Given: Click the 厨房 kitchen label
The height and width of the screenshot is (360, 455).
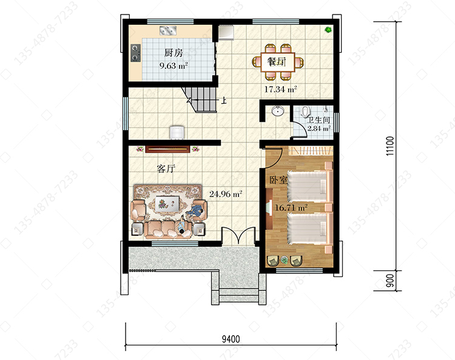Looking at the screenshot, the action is tap(174, 53).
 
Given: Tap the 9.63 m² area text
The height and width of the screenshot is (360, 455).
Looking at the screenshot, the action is tap(174, 66).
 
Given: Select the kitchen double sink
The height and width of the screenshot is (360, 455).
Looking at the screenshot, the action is tap(168, 30).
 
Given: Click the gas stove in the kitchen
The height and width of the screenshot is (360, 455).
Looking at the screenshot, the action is tap(135, 53).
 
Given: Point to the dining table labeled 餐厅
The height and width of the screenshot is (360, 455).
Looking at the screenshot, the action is tap(278, 62).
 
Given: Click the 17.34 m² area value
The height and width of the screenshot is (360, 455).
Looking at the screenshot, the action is tap(280, 89).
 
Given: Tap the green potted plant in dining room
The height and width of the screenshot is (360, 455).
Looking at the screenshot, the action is tap(328, 30).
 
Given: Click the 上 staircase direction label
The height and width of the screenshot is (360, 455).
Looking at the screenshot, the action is tap(224, 100).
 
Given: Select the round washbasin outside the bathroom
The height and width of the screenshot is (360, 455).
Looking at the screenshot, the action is tap(278, 111).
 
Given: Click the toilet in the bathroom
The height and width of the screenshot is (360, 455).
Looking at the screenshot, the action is tap(305, 111).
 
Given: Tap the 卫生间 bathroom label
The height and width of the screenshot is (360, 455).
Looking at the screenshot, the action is tap(318, 120).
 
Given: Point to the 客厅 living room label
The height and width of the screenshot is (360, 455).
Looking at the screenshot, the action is tap(166, 168).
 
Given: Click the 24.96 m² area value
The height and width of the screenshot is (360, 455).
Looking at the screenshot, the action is tap(226, 194).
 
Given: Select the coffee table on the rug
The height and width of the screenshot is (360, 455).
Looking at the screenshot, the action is tap(167, 202).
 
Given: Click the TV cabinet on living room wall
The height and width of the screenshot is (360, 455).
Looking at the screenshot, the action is tap(167, 148).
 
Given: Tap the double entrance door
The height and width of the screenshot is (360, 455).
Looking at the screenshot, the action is tap(238, 235).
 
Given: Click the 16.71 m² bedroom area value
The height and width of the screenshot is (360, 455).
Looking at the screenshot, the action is tap(291, 208).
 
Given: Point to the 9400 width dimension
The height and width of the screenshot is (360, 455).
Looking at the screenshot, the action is tap(231, 339).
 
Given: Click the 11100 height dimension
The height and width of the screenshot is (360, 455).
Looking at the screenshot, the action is tap(390, 146).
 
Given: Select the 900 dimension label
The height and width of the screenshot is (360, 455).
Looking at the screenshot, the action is tap(391, 281).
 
